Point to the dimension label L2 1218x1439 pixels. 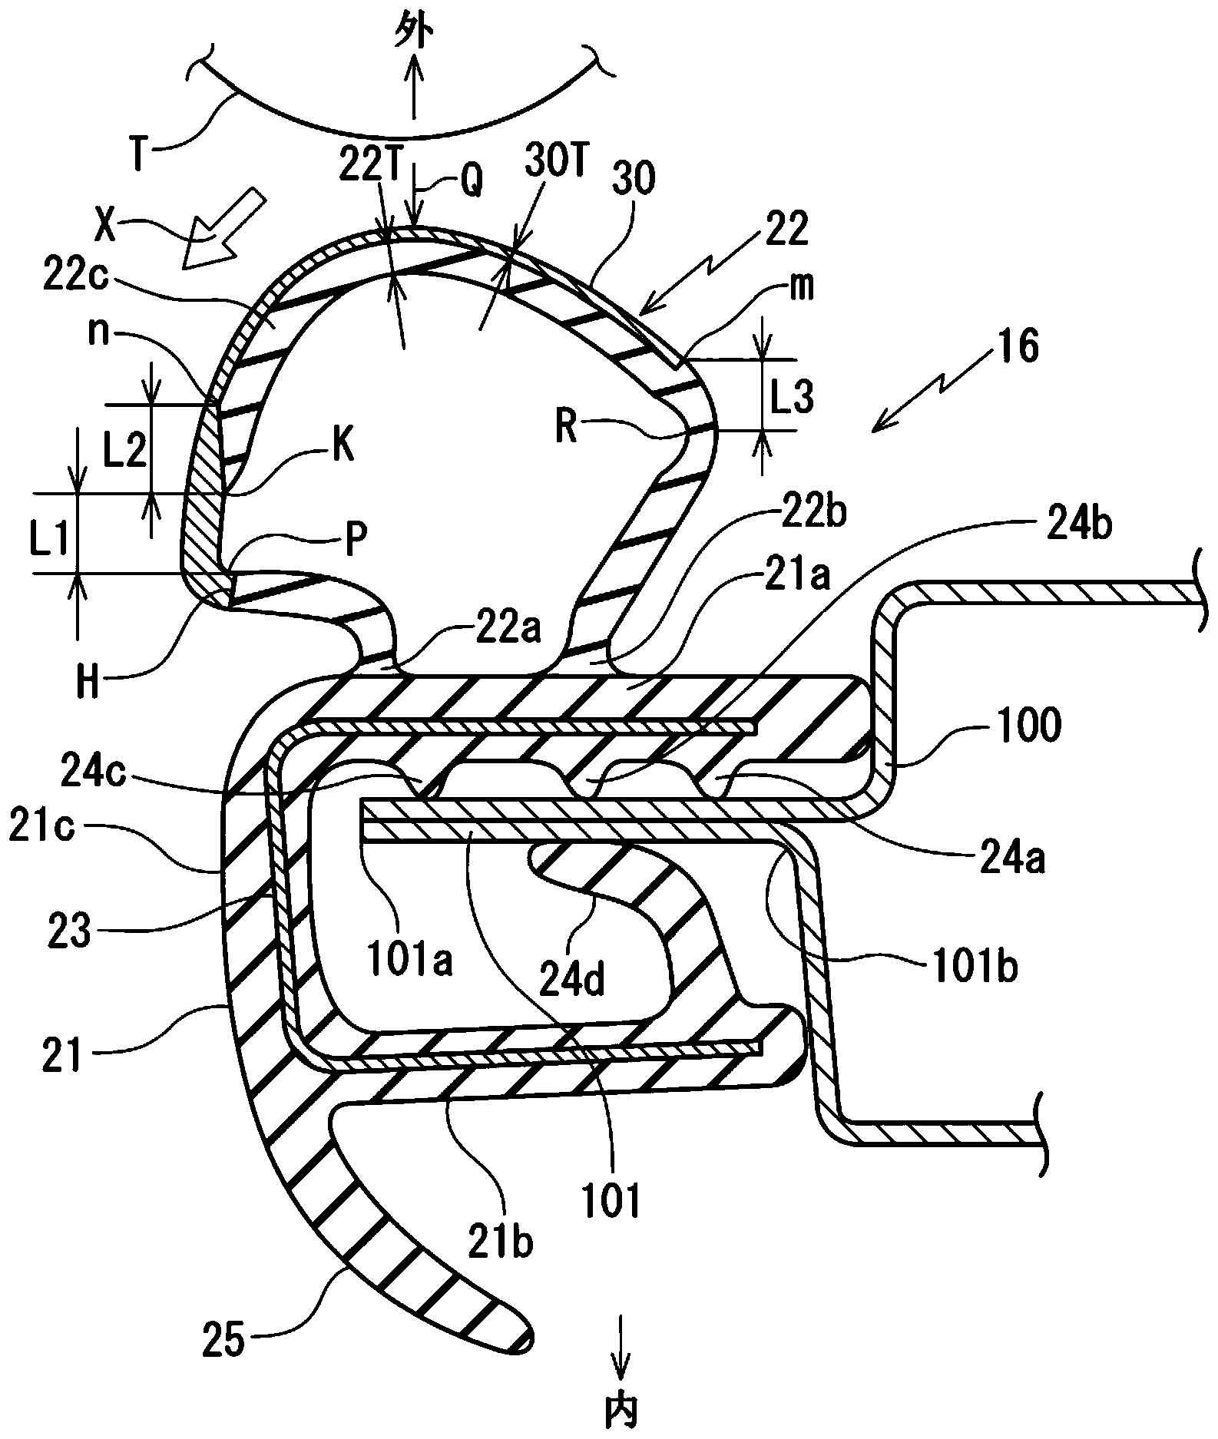tap(126, 453)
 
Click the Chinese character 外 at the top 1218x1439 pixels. tap(414, 35)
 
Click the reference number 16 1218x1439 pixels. tap(1019, 347)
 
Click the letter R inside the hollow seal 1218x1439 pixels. tap(568, 428)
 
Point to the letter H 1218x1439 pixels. tap(88, 682)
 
